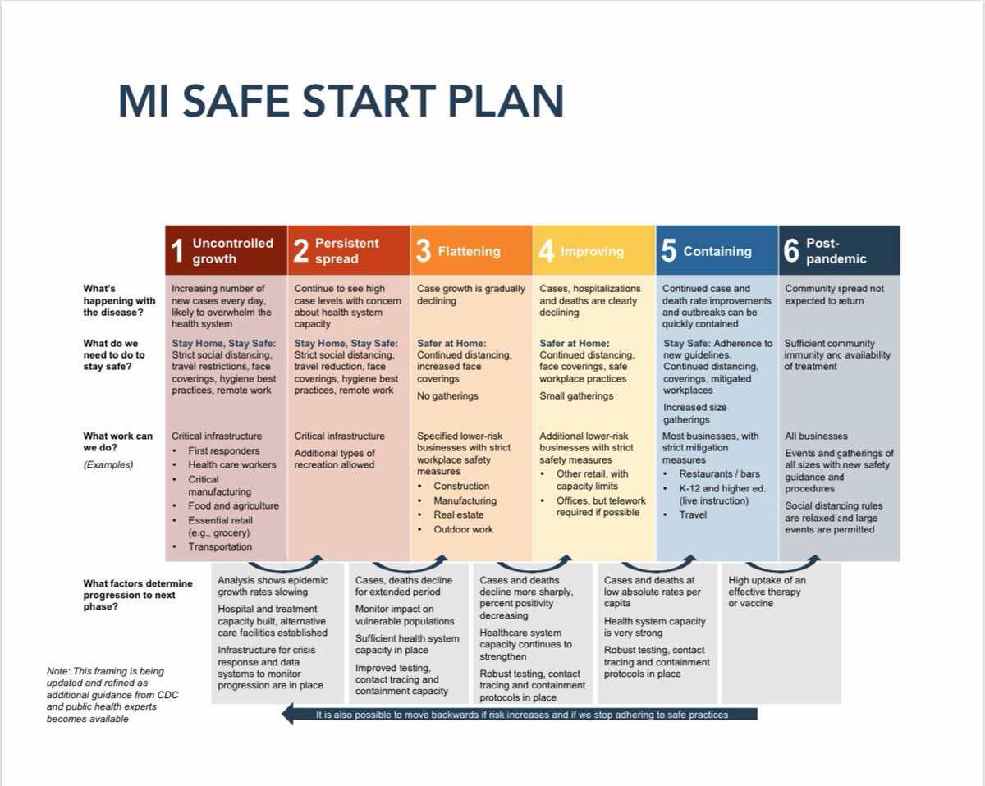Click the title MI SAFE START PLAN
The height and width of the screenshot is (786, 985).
pos(341,100)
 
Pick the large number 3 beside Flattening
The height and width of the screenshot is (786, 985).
pos(423,251)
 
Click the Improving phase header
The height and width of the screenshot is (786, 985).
pos(592,251)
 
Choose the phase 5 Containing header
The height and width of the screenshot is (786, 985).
pos(717,251)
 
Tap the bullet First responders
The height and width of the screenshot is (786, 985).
pos(223,450)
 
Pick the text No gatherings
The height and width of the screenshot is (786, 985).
pos(447,396)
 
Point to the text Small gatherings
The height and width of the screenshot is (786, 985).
pos(576,396)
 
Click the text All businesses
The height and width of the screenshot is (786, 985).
pos(816,436)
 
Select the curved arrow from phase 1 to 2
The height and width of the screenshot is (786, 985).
pos(287,564)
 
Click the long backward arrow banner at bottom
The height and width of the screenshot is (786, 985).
pos(519,715)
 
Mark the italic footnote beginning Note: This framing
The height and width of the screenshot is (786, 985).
pos(112,694)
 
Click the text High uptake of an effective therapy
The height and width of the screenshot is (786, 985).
pos(767,586)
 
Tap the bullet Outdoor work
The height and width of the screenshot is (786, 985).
pos(464,529)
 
